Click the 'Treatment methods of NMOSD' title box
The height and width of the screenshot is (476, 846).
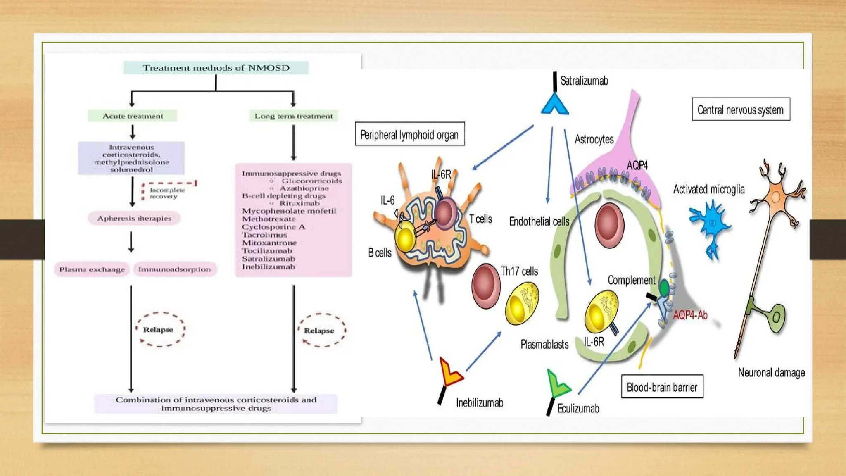click(x=216, y=68)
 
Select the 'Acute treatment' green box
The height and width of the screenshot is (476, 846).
click(x=133, y=116)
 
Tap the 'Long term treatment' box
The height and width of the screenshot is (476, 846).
click(x=293, y=116)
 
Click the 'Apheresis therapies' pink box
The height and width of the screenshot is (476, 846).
click(x=134, y=218)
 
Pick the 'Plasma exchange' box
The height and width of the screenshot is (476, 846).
click(x=92, y=269)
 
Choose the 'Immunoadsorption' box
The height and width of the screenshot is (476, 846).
click(x=174, y=269)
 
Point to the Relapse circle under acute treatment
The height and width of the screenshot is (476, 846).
click(x=159, y=329)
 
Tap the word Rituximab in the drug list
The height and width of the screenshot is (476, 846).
click(x=299, y=203)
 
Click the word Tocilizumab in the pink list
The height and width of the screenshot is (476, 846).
click(x=267, y=251)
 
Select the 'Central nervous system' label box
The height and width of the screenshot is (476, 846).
click(x=741, y=109)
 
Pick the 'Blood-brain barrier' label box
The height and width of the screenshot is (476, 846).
click(x=662, y=387)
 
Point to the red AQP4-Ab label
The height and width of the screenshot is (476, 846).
click(x=690, y=315)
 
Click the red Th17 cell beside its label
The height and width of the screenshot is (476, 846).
click(x=485, y=286)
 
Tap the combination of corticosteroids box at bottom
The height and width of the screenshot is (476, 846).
click(x=216, y=404)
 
